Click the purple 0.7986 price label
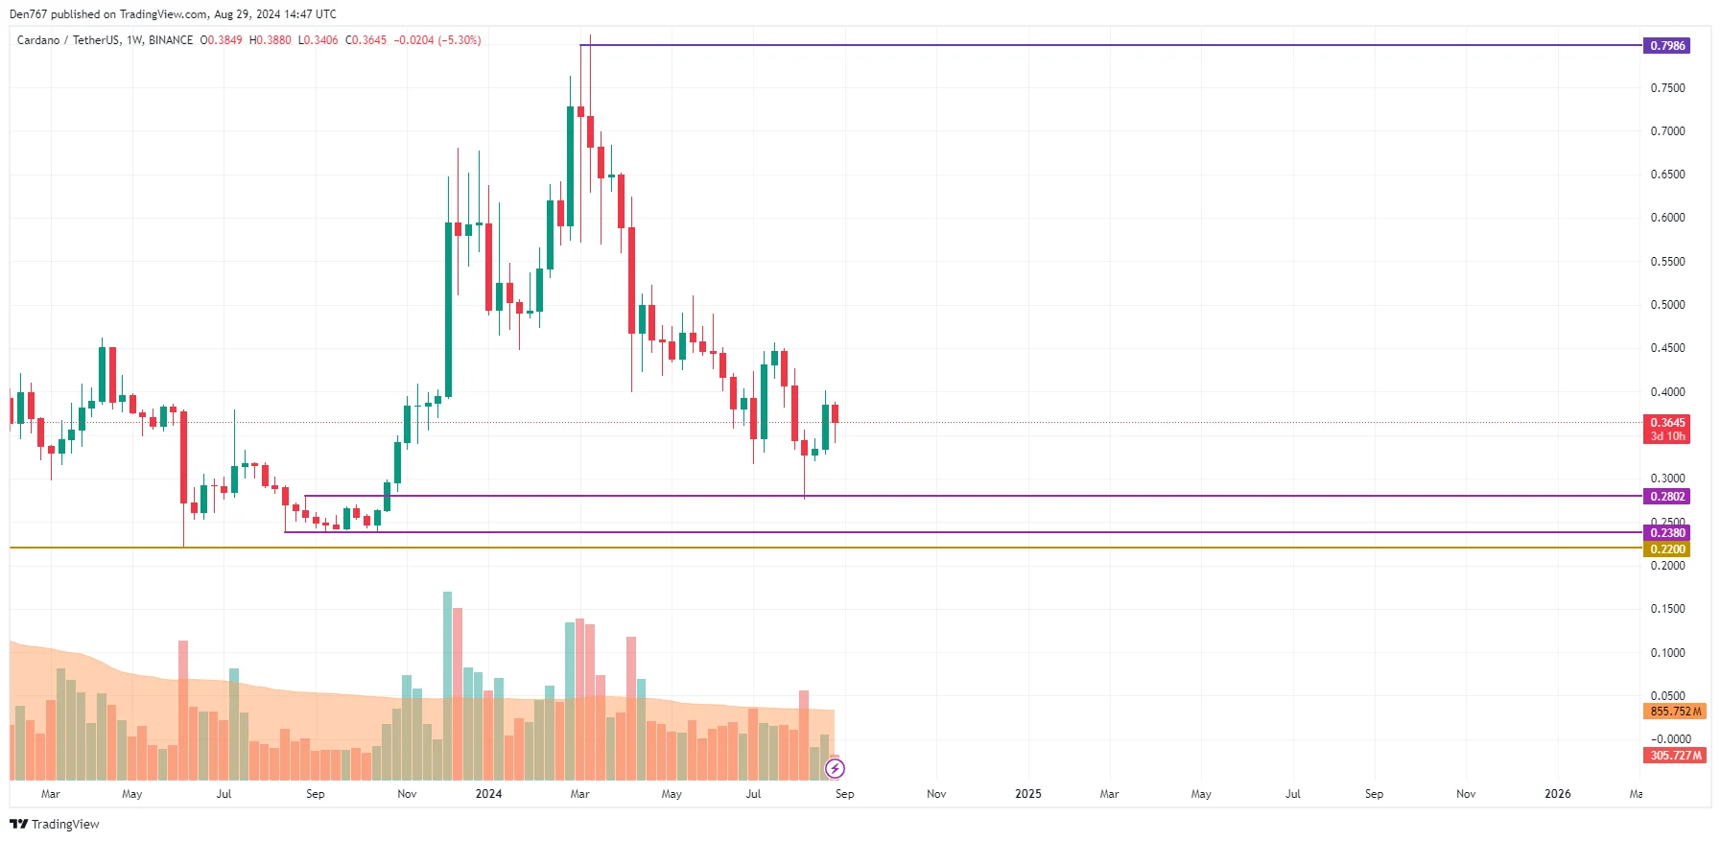point(1666,45)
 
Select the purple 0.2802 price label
point(1666,497)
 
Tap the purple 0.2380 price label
point(1666,533)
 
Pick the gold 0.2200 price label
point(1666,549)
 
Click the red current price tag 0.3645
point(1666,423)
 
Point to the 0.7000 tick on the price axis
point(1667,131)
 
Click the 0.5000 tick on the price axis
point(1667,305)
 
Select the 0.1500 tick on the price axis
point(1667,609)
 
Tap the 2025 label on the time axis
point(1027,794)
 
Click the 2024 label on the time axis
point(488,794)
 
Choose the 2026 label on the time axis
point(1557,794)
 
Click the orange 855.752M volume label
point(1674,712)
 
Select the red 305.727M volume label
point(1674,756)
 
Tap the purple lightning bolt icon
point(835,768)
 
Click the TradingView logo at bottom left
point(55,824)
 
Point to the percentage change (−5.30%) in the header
point(460,40)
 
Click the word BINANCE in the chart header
point(171,40)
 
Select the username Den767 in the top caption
point(28,14)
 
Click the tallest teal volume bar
point(447,686)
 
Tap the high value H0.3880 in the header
point(270,40)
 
